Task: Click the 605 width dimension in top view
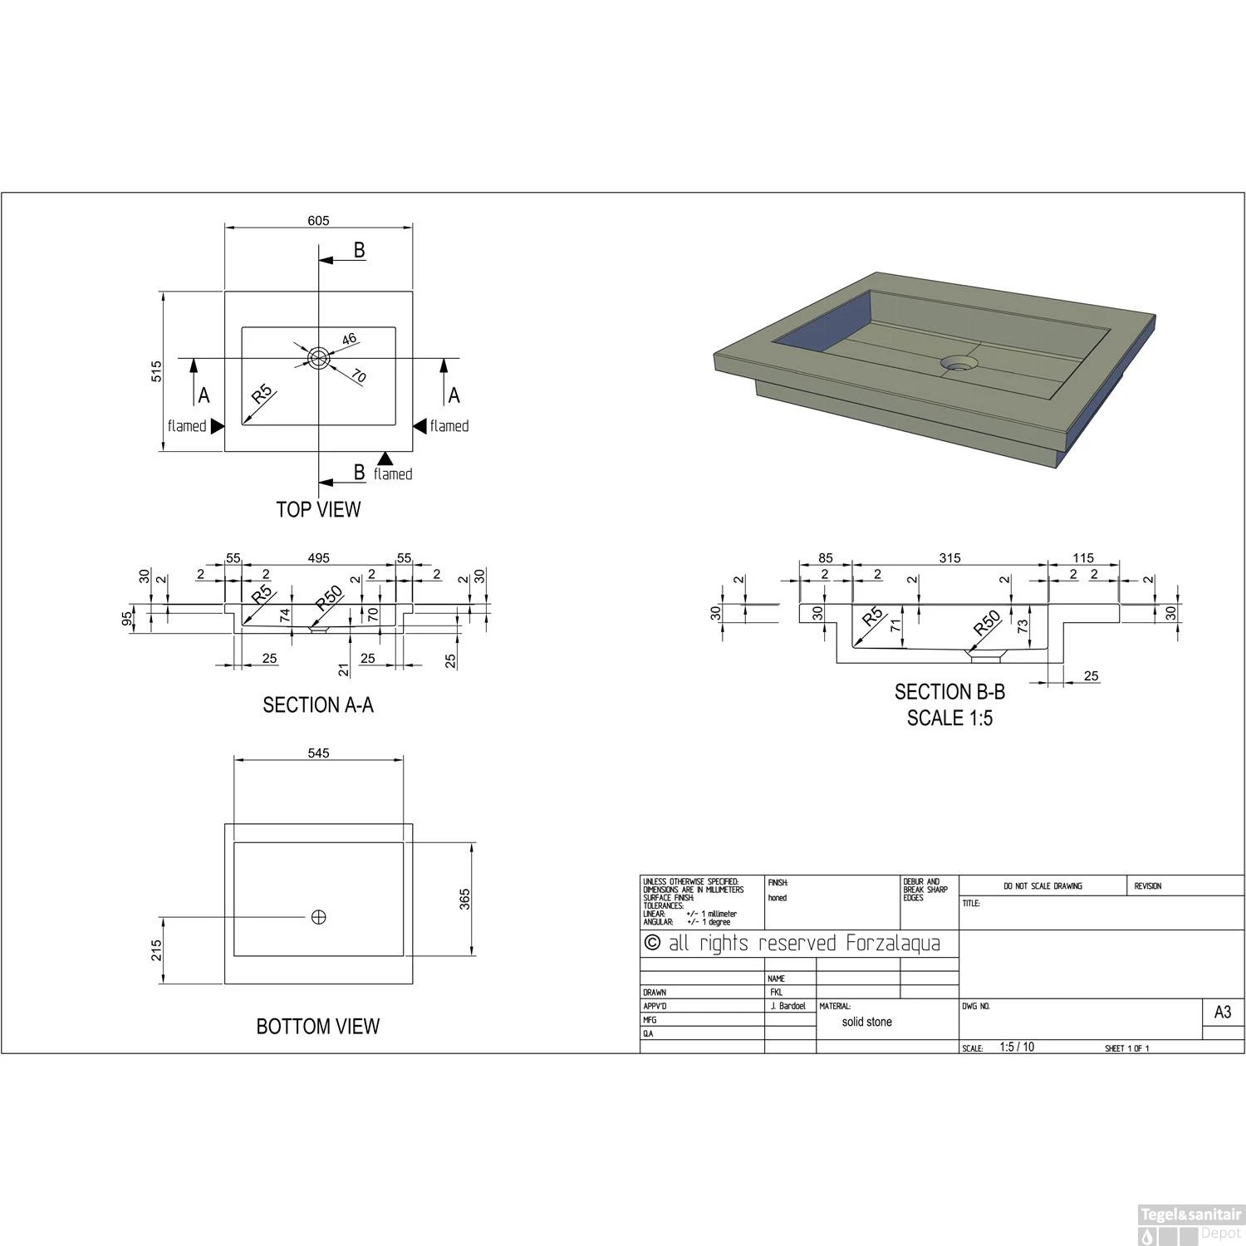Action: tap(319, 220)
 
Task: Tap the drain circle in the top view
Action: tap(318, 358)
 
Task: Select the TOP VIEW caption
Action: tap(318, 509)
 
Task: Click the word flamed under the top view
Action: tap(393, 473)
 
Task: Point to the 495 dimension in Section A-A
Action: tap(319, 558)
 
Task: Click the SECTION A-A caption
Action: tap(318, 705)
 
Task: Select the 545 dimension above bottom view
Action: tap(319, 753)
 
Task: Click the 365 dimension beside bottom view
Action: tap(465, 899)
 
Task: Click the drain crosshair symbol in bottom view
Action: tap(318, 917)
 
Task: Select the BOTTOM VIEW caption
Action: tap(318, 1027)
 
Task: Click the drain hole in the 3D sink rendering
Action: tap(959, 363)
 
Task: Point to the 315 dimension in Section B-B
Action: tap(949, 558)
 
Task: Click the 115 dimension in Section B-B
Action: tap(1083, 558)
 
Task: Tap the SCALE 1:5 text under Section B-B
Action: tap(949, 719)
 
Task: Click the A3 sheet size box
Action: tap(1223, 1013)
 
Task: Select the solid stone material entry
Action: tap(866, 1022)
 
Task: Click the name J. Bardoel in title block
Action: tap(788, 1006)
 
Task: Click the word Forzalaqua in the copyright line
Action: tap(893, 944)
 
